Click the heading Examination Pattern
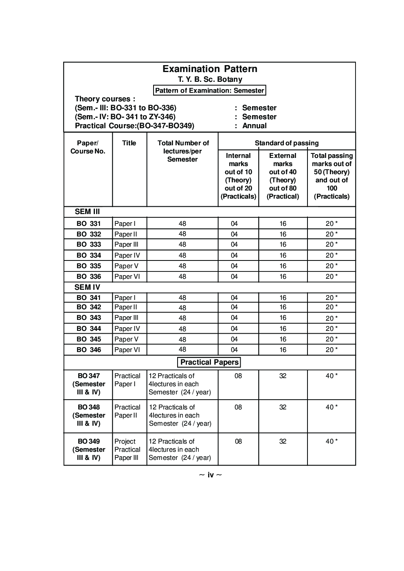[x=210, y=69]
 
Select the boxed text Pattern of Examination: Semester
[x=210, y=90]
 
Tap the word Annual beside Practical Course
[x=255, y=126]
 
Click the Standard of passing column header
[x=287, y=143]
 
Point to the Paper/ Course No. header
[x=88, y=147]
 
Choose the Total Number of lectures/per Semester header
[x=183, y=151]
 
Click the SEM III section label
[x=87, y=212]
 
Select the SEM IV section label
[x=87, y=287]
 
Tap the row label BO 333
[x=89, y=244]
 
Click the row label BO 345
[x=89, y=339]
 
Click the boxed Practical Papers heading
[x=209, y=362]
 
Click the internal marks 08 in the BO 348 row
[x=238, y=407]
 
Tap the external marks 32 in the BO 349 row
[x=283, y=441]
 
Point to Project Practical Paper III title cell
[x=127, y=449]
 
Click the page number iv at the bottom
[x=211, y=475]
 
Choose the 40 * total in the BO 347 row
[x=332, y=376]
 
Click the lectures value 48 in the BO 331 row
[x=182, y=223]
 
